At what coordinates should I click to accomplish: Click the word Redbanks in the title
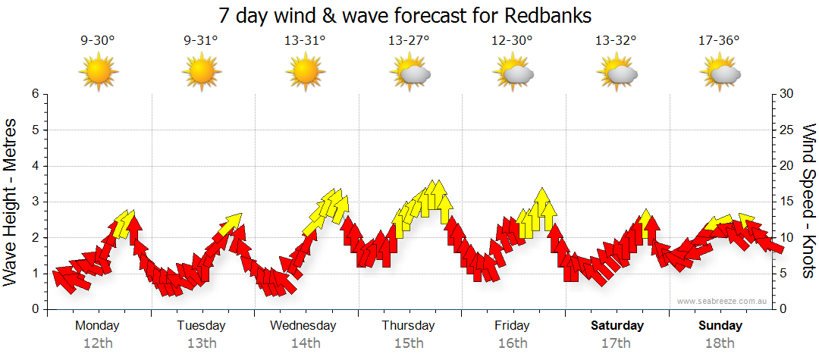(x=545, y=16)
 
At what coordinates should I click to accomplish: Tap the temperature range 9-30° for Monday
(x=98, y=41)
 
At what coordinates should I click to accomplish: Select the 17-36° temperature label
(x=720, y=41)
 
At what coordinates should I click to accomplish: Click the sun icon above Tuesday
(x=202, y=73)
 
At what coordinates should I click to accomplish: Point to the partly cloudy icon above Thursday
(x=409, y=74)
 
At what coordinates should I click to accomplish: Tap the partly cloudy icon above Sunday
(x=720, y=74)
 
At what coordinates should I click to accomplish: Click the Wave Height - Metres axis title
(x=11, y=202)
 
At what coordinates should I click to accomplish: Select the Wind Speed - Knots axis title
(x=808, y=202)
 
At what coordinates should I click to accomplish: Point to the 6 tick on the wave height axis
(x=34, y=94)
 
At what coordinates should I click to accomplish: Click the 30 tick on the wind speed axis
(x=787, y=94)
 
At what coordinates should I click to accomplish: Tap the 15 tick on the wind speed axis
(x=787, y=202)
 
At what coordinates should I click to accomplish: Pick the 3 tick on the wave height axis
(x=34, y=202)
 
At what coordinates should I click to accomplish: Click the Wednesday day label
(x=303, y=326)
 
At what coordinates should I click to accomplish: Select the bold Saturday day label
(x=617, y=326)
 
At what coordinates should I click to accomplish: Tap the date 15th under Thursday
(x=409, y=343)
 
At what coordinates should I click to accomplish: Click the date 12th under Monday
(x=97, y=343)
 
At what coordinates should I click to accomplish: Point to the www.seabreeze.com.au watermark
(x=723, y=301)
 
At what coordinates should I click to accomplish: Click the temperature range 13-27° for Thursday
(x=409, y=41)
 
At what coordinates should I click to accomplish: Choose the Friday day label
(x=513, y=326)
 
